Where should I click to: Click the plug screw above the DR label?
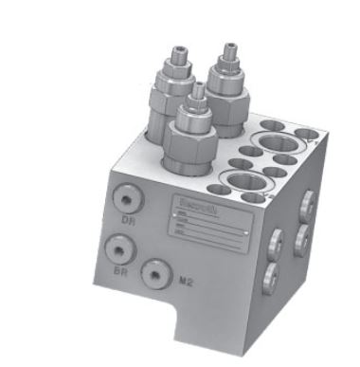point(125,198)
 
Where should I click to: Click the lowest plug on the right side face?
point(270,277)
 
